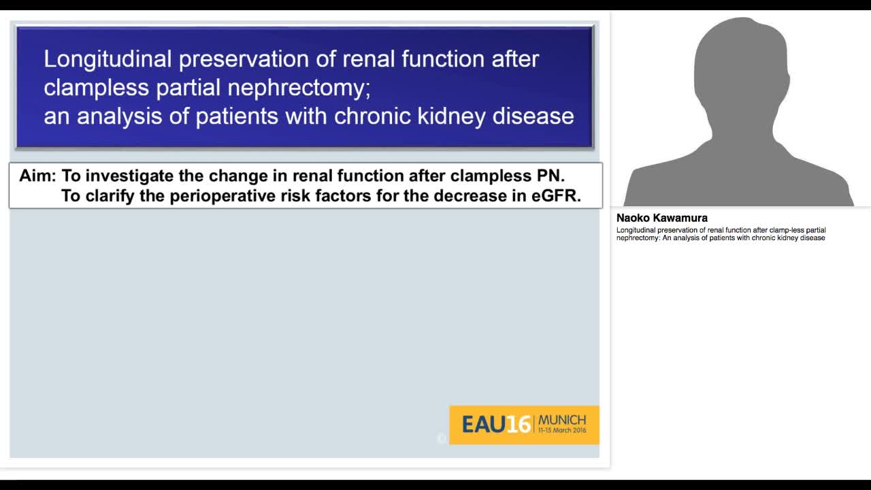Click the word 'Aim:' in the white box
(37, 176)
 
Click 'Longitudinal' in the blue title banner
(108, 59)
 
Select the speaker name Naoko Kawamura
(661, 218)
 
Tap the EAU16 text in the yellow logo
(495, 425)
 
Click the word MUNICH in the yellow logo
(561, 420)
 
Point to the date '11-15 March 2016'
(561, 431)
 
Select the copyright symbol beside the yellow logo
(442, 439)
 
